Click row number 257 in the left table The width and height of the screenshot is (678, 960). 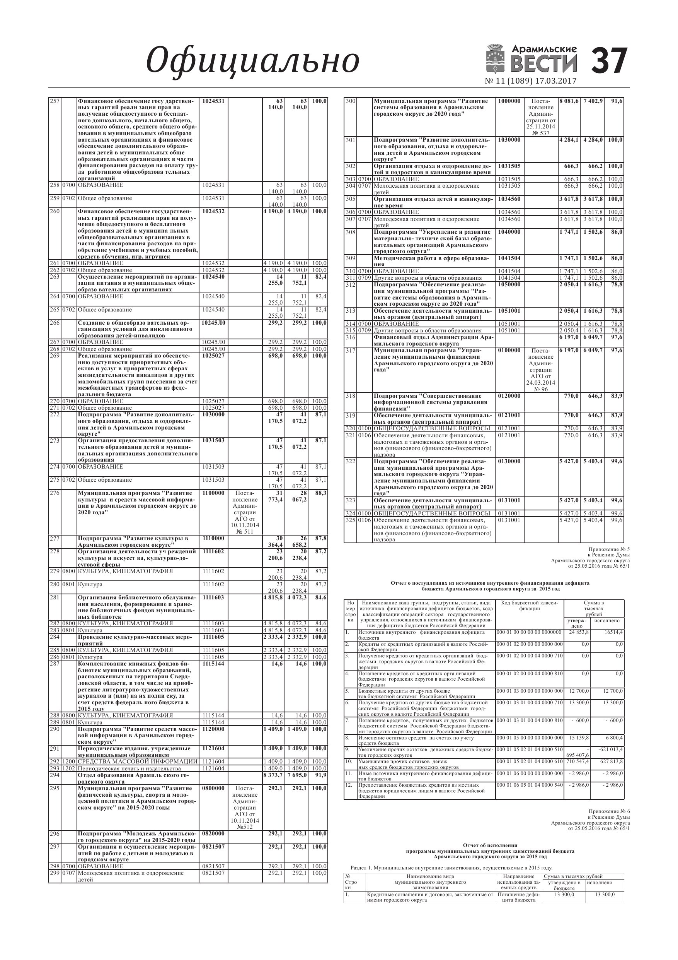click(55, 101)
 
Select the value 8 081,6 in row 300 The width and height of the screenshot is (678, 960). click(569, 101)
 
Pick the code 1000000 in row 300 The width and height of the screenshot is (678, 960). click(509, 101)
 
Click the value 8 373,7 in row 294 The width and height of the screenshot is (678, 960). click(273, 775)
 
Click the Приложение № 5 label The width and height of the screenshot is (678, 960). click(609, 549)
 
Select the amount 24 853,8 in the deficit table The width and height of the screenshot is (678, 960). click(579, 633)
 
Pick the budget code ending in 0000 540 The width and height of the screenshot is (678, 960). click(529, 785)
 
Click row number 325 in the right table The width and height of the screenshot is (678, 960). click(350, 520)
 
